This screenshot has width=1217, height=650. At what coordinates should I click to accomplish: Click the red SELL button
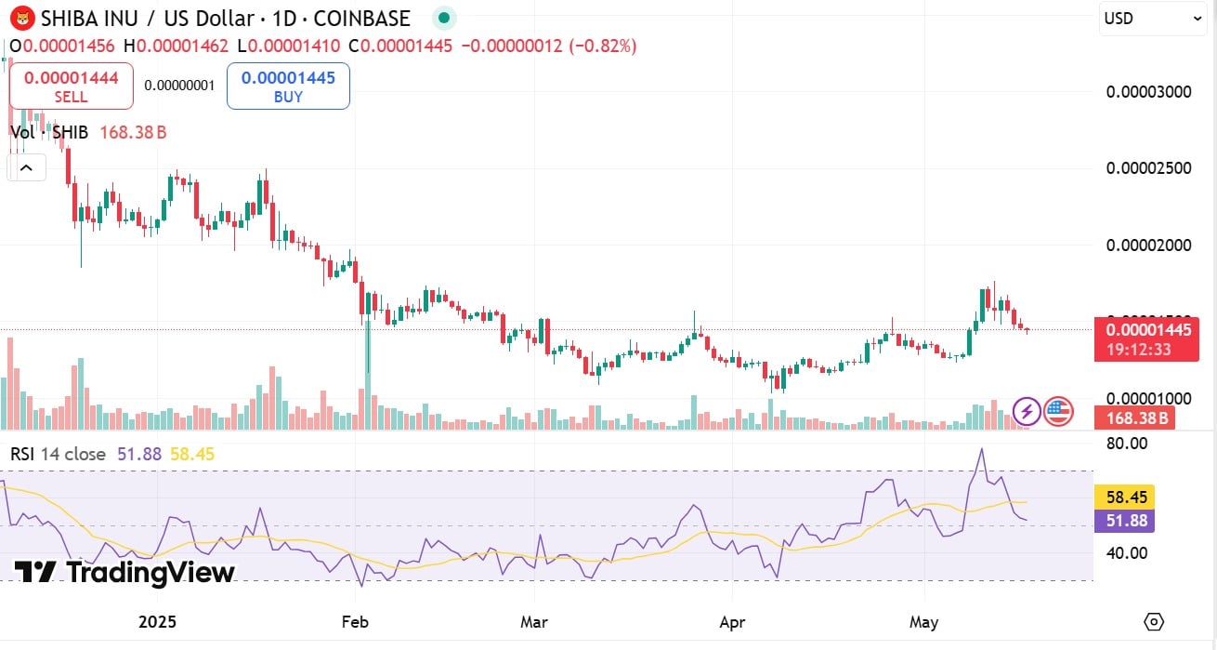pos(71,86)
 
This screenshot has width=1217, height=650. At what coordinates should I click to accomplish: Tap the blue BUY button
pos(288,86)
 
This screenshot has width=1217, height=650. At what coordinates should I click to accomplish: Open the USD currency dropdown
pos(1153,19)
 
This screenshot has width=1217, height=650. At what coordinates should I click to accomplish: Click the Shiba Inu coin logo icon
pos(21,19)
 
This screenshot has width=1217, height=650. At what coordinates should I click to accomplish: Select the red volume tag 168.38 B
pos(1134,418)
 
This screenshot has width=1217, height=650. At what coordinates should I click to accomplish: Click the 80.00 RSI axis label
pos(1129,444)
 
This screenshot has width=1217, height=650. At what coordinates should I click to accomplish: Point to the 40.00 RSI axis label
pos(1129,552)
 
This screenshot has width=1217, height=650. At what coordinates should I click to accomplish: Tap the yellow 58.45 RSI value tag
pos(1124,497)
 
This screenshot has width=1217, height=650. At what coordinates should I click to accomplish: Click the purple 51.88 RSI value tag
pos(1124,521)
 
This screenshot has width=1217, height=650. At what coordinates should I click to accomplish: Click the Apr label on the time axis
pos(732,621)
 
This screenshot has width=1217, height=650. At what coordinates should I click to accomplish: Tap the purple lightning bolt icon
pos(1026,410)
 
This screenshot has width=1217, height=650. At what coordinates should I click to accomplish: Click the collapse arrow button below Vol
pos(26,168)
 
